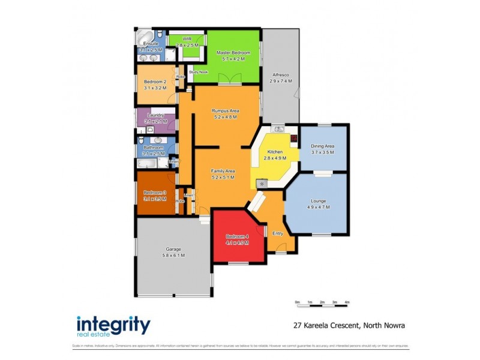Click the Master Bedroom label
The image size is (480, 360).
click(233, 53)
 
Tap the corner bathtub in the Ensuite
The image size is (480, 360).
click(144, 37)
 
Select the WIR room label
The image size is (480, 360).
click(187, 38)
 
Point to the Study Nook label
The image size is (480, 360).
click(198, 72)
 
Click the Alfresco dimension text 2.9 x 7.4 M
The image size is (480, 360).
click(281, 81)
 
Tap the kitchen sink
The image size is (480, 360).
click(278, 128)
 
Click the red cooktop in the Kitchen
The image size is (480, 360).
click(294, 139)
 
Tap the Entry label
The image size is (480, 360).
click(277, 233)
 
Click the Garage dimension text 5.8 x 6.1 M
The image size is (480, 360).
click(173, 255)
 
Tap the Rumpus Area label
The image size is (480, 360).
click(226, 111)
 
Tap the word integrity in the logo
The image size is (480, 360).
click(113, 325)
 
